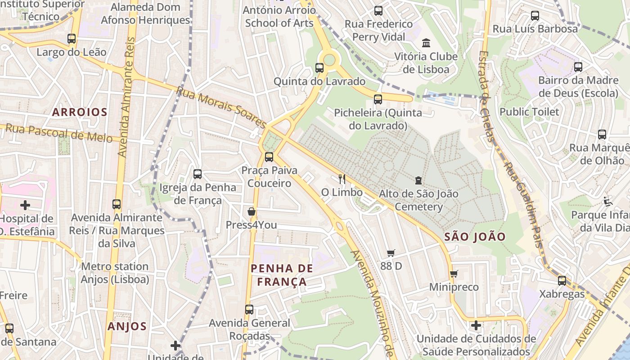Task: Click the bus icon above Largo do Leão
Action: (x=72, y=39)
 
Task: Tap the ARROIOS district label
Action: (x=80, y=112)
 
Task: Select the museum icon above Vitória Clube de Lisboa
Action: (x=426, y=43)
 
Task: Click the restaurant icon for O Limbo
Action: (x=342, y=179)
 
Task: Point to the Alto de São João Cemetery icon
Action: (x=418, y=180)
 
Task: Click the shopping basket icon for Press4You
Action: (x=252, y=211)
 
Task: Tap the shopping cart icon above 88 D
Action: (x=391, y=253)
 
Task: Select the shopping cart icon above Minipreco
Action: (x=454, y=274)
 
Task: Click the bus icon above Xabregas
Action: (x=562, y=281)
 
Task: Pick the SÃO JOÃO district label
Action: (x=475, y=237)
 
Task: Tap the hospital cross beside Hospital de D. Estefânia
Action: (x=25, y=206)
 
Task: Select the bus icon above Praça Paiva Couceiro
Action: (x=269, y=157)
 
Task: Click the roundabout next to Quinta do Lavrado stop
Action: (x=329, y=59)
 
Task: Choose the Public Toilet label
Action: (x=529, y=112)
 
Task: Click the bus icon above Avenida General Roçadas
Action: (x=249, y=310)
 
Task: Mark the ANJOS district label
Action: (x=127, y=326)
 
